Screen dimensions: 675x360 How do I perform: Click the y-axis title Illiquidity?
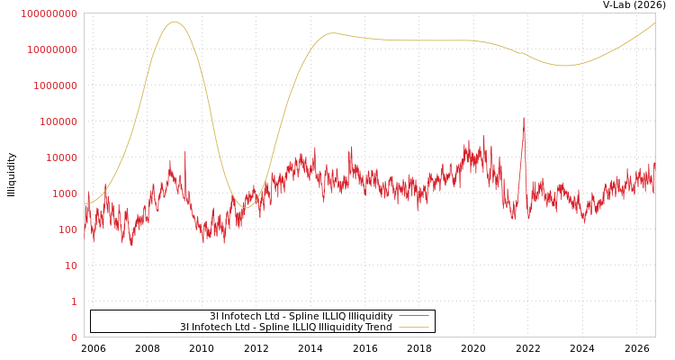[x=11, y=175]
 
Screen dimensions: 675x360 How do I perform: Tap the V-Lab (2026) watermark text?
[x=634, y=4]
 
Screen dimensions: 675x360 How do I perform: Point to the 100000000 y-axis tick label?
[x=49, y=13]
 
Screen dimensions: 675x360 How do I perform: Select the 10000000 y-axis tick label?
[x=52, y=50]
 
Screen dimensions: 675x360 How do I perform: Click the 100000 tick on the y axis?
[x=58, y=121]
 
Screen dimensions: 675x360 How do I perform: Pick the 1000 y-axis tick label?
[x=65, y=193]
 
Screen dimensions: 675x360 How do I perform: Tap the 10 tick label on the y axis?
[x=71, y=265]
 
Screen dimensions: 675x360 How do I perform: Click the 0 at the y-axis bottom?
[x=75, y=337]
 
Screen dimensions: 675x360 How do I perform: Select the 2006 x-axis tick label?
[x=93, y=348]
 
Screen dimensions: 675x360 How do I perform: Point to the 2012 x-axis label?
[x=256, y=348]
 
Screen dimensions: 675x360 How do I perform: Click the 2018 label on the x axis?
[x=419, y=348]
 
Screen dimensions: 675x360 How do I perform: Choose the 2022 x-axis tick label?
[x=527, y=348]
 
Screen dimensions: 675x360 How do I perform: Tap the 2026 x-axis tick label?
[x=636, y=348]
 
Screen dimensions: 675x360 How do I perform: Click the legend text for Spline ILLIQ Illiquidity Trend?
[x=286, y=327]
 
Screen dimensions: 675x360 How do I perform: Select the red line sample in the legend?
[x=414, y=316]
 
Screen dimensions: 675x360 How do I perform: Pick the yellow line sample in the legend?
[x=414, y=328]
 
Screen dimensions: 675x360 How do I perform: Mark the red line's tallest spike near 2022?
[x=524, y=118]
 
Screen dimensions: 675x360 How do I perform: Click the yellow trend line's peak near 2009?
[x=175, y=22]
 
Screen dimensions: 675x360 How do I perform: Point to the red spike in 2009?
[x=185, y=151]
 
